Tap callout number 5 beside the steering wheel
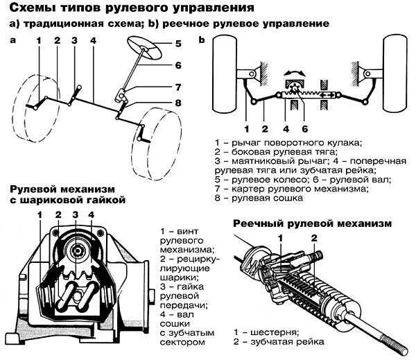pos(178,43)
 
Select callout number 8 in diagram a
pos(178,103)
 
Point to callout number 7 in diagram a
pos(178,87)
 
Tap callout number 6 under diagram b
pos(304,128)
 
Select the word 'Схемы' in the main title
pos(35,8)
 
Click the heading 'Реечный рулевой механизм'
pos(312,223)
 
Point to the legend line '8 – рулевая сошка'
pos(259,198)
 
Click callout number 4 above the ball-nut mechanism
pos(91,215)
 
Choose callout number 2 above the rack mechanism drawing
pos(314,238)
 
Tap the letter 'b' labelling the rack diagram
pos(201,40)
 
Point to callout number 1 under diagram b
pos(246,128)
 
